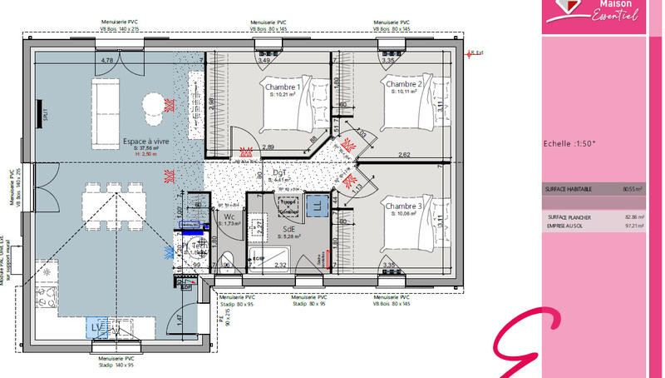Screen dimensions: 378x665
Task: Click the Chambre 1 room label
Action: point(283,87)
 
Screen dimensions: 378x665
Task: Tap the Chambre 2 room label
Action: point(404,85)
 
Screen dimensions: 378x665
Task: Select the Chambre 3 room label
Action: point(403,206)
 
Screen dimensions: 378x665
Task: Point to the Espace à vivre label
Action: point(146,142)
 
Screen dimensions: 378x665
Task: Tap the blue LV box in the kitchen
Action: point(99,327)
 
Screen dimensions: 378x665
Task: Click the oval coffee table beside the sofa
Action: point(154,105)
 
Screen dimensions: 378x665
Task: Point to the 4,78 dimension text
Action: point(106,61)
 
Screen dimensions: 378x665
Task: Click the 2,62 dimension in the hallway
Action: point(404,155)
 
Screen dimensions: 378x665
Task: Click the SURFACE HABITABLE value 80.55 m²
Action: point(633,190)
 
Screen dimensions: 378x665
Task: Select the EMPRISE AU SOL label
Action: point(564,226)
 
